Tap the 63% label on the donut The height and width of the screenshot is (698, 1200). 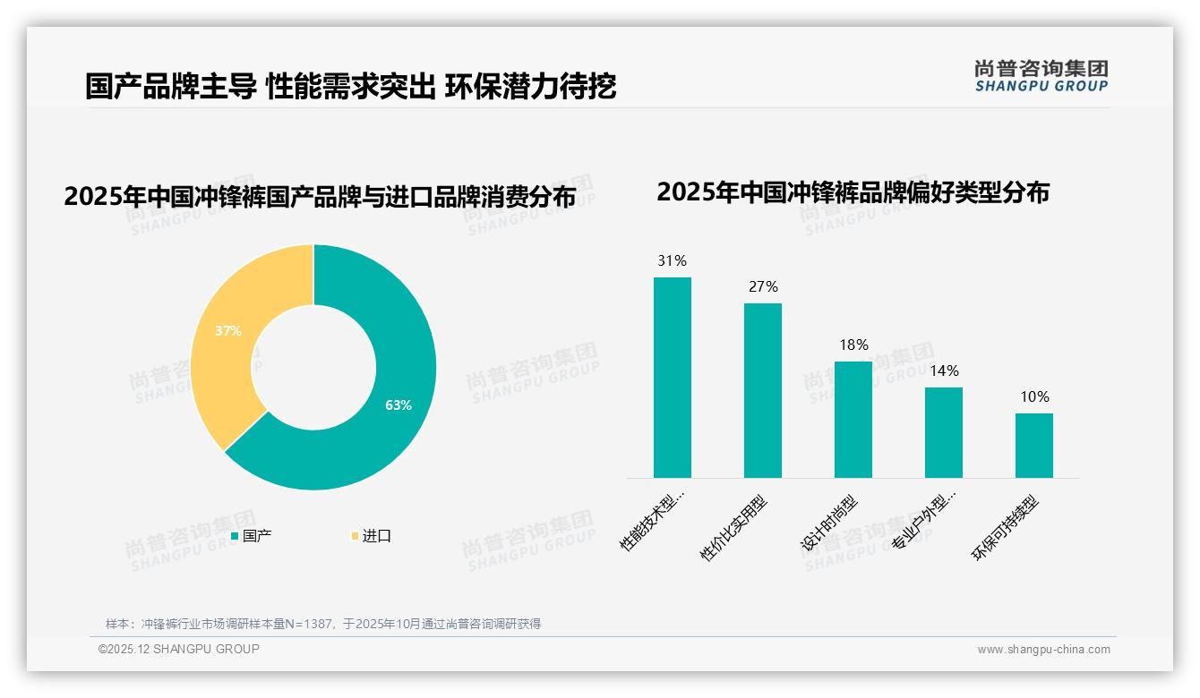[399, 405]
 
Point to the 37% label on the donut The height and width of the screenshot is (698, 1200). [228, 330]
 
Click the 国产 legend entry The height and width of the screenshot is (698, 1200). [252, 536]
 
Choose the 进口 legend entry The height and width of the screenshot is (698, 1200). [372, 536]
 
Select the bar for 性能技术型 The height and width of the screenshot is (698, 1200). [673, 378]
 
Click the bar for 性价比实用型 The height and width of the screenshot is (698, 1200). [763, 390]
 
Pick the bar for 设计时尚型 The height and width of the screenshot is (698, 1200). [853, 420]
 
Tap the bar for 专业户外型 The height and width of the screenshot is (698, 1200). [944, 432]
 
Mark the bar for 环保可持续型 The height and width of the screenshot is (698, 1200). [1034, 446]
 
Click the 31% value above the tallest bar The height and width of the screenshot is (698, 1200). [672, 261]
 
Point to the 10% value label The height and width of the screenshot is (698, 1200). [1034, 397]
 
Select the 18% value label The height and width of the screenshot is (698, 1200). [853, 345]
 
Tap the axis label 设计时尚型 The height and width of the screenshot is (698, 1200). [828, 524]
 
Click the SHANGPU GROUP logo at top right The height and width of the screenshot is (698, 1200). [1041, 76]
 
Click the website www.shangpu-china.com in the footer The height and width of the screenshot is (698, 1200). [1043, 650]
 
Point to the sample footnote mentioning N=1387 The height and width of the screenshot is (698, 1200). [323, 624]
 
